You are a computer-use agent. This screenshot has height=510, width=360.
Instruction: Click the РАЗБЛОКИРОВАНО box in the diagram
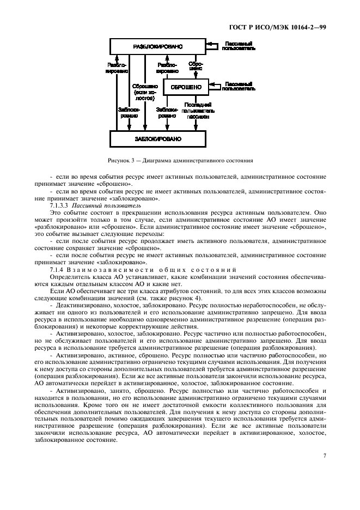point(158,47)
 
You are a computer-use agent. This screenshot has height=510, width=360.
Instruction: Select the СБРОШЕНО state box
point(186,87)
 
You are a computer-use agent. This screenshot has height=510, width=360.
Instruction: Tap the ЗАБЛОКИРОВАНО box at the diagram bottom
point(158,139)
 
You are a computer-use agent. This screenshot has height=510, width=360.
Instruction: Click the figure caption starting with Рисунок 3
point(180,161)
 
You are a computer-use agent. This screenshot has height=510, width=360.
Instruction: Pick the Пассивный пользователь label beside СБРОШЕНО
point(240,86)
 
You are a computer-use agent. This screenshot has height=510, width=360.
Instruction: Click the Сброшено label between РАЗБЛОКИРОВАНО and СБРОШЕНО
point(196,66)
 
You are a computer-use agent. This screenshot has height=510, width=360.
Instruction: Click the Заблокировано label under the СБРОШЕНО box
point(167,112)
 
